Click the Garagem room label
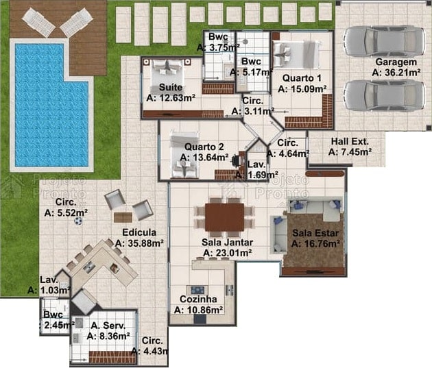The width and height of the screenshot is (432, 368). pos(396,62)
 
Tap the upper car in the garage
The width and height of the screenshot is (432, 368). pos(384,41)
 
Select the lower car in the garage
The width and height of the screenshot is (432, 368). pos(384,95)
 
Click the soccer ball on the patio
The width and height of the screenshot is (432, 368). pos(78,221)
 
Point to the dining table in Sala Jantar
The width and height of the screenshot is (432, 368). pos(224,217)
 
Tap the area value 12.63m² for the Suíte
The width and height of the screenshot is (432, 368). pos(171,98)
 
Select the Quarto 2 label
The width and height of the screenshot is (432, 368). pos(204,147)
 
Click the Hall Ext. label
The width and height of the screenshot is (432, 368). pos(350,141)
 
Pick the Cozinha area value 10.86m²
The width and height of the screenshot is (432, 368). pos(198,310)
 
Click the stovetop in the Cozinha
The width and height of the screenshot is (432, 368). pos(197,290)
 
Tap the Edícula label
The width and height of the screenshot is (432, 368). pos(139,232)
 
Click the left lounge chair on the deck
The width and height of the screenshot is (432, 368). pos(38,23)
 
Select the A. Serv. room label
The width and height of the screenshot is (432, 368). pos(108,326)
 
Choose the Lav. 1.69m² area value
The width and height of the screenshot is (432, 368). pos(256,175)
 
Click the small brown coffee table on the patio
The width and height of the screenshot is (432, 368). pos(123,217)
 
